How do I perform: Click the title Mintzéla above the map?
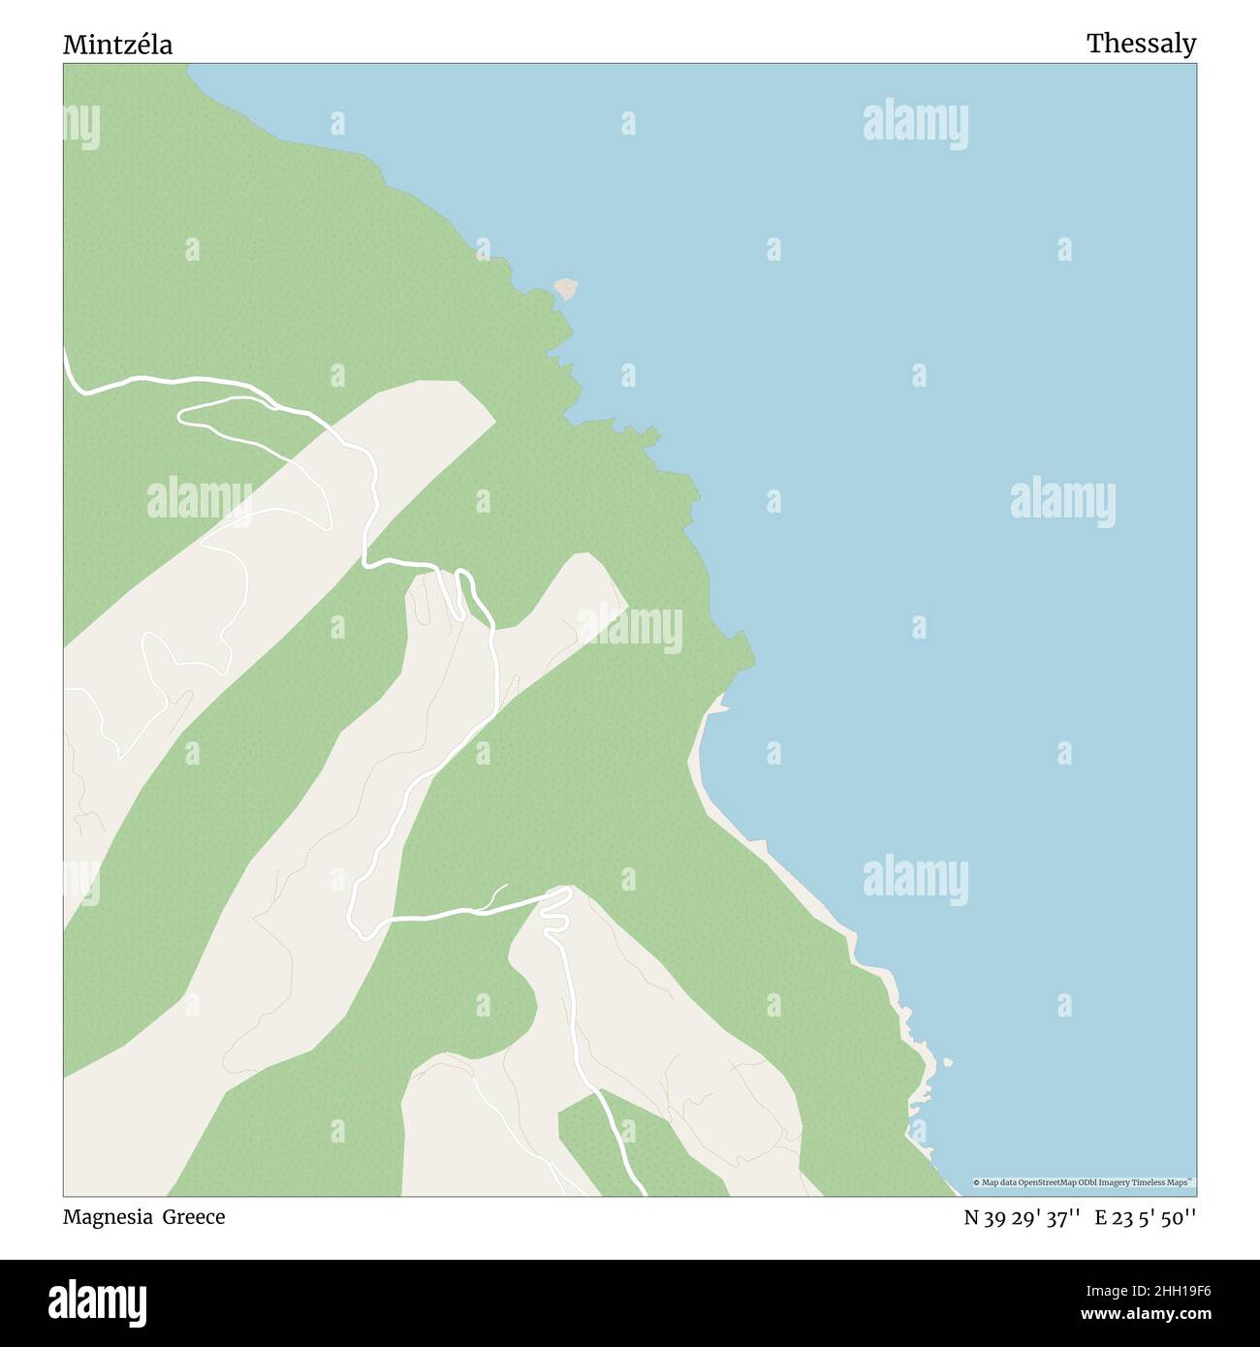pos(117,45)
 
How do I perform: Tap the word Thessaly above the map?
pos(1141,44)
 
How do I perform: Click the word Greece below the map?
pos(193,1217)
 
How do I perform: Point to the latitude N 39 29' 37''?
pos(1022,1218)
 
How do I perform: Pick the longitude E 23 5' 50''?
pos(1146,1218)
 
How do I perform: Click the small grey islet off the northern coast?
pos(565,288)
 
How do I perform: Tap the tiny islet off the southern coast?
pos(946,1061)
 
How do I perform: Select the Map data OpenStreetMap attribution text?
pos(1084,1182)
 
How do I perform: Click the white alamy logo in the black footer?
pos(98,1302)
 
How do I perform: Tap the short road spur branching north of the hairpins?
pos(498,893)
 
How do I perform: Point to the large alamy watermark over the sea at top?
pos(915,124)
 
